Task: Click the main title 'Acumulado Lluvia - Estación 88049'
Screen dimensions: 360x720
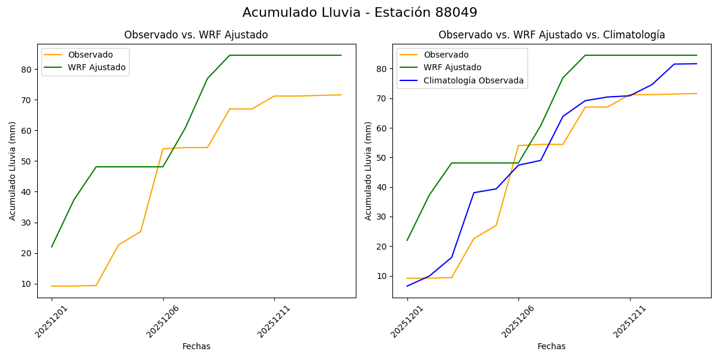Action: coord(360,13)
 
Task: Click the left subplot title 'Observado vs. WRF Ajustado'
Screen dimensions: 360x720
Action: coord(196,35)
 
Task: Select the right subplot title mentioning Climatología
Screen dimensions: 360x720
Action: coord(551,35)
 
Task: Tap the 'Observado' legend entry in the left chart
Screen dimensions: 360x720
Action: coord(90,55)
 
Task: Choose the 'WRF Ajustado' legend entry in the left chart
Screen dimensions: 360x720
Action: coord(97,67)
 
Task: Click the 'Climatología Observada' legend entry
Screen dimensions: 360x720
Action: coord(473,80)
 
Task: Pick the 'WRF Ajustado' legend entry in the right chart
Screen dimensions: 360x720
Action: coord(452,67)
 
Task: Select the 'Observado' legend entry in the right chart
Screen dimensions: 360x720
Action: coord(446,55)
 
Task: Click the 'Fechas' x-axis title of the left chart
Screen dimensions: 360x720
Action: coord(196,346)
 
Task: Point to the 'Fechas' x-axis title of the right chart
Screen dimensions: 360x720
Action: coord(551,346)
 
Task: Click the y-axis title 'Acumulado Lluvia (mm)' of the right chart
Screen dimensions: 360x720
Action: coord(368,170)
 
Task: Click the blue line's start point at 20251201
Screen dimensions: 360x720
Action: coord(407,286)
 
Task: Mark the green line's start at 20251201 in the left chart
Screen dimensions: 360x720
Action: coord(52,247)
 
